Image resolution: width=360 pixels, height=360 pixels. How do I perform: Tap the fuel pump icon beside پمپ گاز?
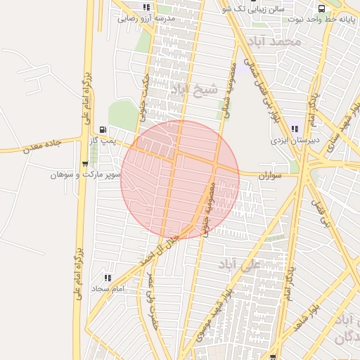pyautogui.click(x=104, y=129)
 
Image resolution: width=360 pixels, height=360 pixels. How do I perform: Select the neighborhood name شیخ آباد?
pyautogui.click(x=190, y=89)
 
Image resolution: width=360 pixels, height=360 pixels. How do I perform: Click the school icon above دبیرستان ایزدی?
pyautogui.click(x=294, y=129)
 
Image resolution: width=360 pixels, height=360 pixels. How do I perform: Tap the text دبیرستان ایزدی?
pyautogui.click(x=296, y=140)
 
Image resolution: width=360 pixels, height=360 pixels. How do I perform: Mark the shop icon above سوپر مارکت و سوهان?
pyautogui.click(x=85, y=163)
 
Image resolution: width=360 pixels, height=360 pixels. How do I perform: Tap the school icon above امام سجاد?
pyautogui.click(x=108, y=277)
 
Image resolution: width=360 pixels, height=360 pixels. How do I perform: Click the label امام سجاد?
pyautogui.click(x=108, y=288)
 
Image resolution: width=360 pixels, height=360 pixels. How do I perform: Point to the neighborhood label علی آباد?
pyautogui.click(x=239, y=264)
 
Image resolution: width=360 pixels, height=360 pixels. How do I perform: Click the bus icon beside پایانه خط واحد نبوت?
pyautogui.click(x=321, y=8)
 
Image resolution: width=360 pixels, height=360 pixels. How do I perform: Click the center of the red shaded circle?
pyautogui.click(x=180, y=179)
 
